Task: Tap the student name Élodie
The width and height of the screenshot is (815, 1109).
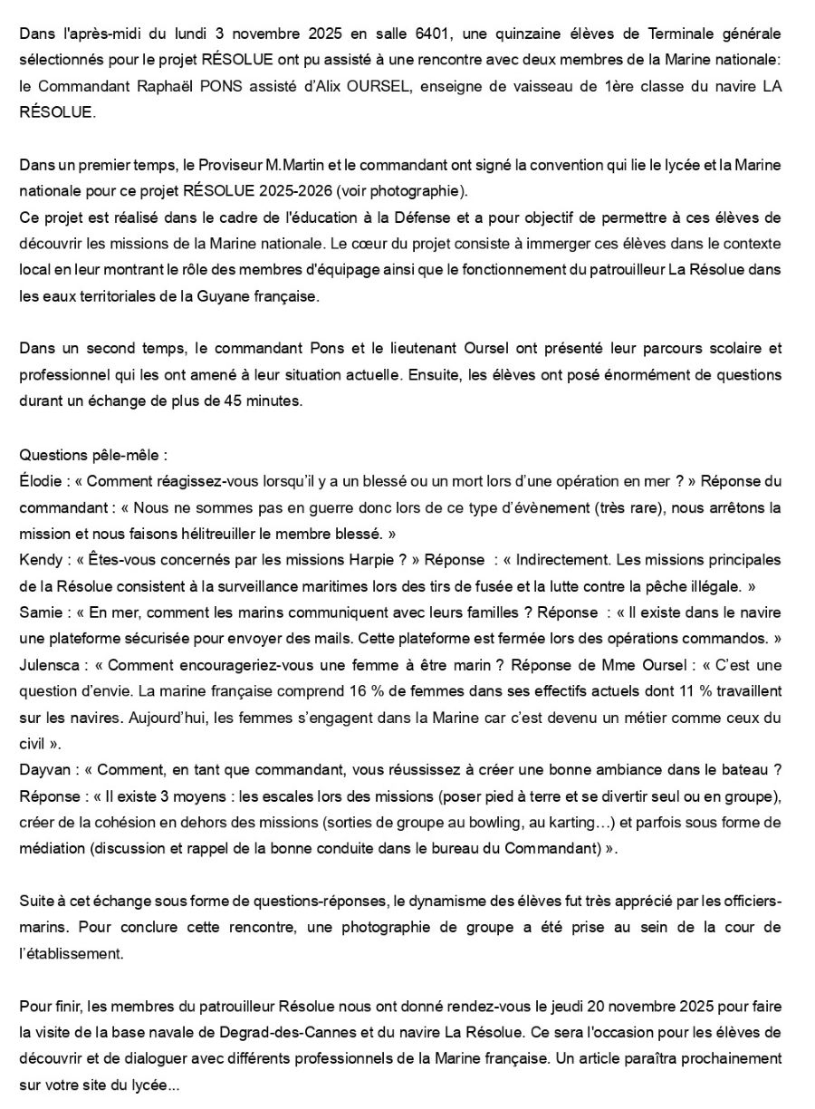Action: (42, 480)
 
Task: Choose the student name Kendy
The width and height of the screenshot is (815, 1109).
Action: (41, 560)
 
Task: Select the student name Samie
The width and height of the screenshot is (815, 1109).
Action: (42, 612)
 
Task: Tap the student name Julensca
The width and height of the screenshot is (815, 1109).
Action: (52, 665)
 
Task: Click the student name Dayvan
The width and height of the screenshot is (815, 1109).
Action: (45, 770)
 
